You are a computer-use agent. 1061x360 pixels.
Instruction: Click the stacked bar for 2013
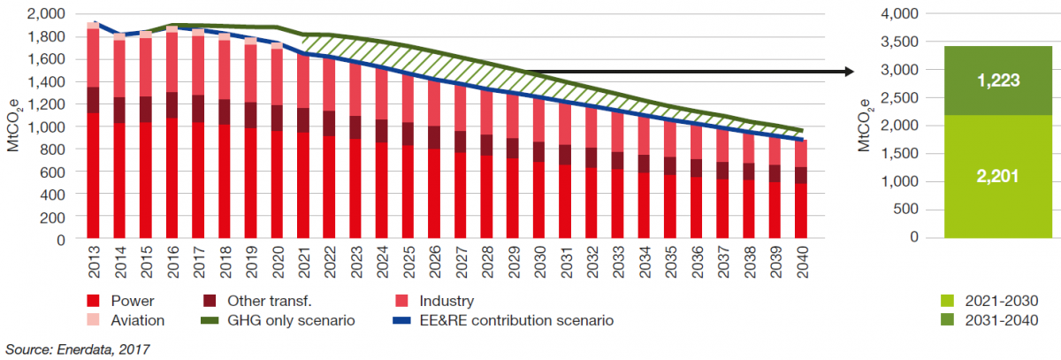[93, 133]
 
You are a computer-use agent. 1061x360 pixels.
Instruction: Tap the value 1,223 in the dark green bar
[998, 80]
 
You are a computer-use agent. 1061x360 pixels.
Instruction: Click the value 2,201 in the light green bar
[998, 176]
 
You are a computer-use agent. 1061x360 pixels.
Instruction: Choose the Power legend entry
[123, 301]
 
